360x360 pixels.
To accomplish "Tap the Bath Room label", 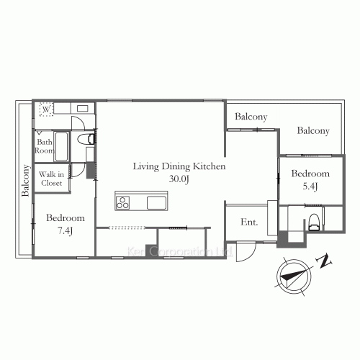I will (x=45, y=147).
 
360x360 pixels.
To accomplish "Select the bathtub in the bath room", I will (x=61, y=147).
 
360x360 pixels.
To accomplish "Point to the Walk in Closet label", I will (x=51, y=179).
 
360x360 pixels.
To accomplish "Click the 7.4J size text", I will (x=65, y=230).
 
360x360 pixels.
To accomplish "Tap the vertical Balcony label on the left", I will (x=25, y=181).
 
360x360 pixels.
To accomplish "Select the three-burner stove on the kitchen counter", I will (x=122, y=202).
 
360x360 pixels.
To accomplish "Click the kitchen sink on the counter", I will (x=156, y=202).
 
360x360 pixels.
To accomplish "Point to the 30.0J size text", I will (x=179, y=179).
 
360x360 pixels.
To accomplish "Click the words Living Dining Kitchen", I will (x=179, y=166).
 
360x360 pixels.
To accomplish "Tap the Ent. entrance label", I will (x=249, y=222).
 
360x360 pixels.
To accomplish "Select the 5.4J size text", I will (x=310, y=186).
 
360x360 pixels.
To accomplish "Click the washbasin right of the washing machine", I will (x=81, y=109).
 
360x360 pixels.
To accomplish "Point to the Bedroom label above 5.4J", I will (x=310, y=174).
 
